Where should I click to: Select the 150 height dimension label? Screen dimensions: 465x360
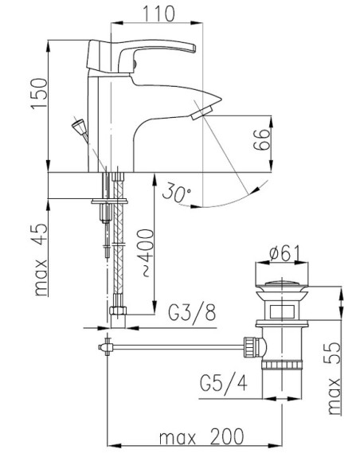click(x=45, y=94)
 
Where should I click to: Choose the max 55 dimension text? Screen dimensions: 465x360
click(x=333, y=368)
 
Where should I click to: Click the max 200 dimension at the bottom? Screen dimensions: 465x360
click(x=198, y=437)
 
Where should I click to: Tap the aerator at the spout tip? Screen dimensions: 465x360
click(x=198, y=116)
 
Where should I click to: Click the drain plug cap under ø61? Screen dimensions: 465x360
click(x=283, y=284)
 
